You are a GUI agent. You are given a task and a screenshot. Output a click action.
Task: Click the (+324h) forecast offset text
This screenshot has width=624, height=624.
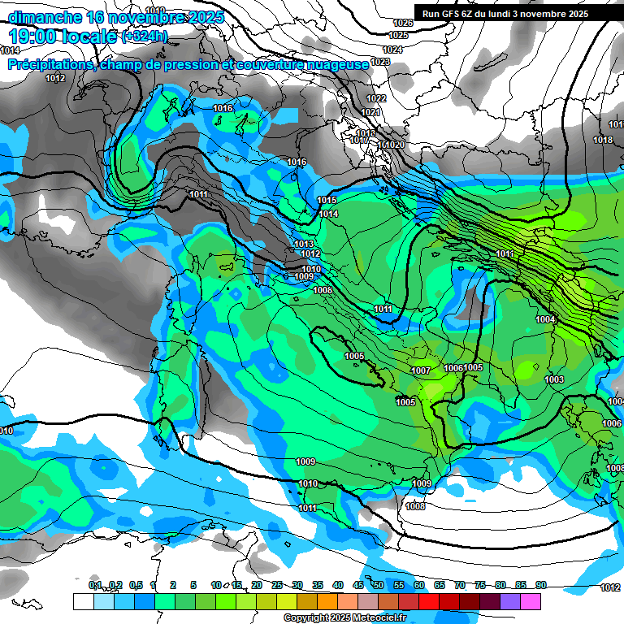[x=145, y=37]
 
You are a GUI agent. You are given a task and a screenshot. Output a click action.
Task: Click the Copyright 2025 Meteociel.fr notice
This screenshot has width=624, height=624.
[x=344, y=617]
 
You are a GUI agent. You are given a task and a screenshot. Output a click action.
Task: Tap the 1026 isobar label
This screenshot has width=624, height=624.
[x=403, y=24]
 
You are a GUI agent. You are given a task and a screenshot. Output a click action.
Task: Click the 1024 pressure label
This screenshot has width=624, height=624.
[x=392, y=50]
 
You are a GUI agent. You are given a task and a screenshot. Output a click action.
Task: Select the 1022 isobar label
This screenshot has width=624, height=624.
[x=376, y=98]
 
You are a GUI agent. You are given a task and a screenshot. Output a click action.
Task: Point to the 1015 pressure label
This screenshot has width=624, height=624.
[x=327, y=200]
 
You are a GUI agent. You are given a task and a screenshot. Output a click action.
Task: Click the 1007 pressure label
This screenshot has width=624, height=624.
[x=421, y=370]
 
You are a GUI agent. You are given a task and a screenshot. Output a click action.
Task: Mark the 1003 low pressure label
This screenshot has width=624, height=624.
[x=554, y=379]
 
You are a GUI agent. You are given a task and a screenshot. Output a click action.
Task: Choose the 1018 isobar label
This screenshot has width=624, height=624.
[x=603, y=141]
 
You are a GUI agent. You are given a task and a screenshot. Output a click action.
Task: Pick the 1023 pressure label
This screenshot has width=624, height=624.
[x=380, y=62]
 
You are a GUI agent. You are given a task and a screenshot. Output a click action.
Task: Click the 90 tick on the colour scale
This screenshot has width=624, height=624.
[x=540, y=585]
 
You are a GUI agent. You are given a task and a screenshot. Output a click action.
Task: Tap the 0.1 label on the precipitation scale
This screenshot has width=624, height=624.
[x=95, y=585]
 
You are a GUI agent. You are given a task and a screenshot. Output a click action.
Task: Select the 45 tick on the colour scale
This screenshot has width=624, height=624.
[x=358, y=585]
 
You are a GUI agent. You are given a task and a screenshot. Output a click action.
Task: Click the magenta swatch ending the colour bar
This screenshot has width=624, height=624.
[x=530, y=601]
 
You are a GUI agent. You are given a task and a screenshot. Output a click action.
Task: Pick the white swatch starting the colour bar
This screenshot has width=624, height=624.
[x=83, y=601]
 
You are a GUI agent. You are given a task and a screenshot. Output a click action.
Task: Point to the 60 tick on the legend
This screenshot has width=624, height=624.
[x=419, y=585]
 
